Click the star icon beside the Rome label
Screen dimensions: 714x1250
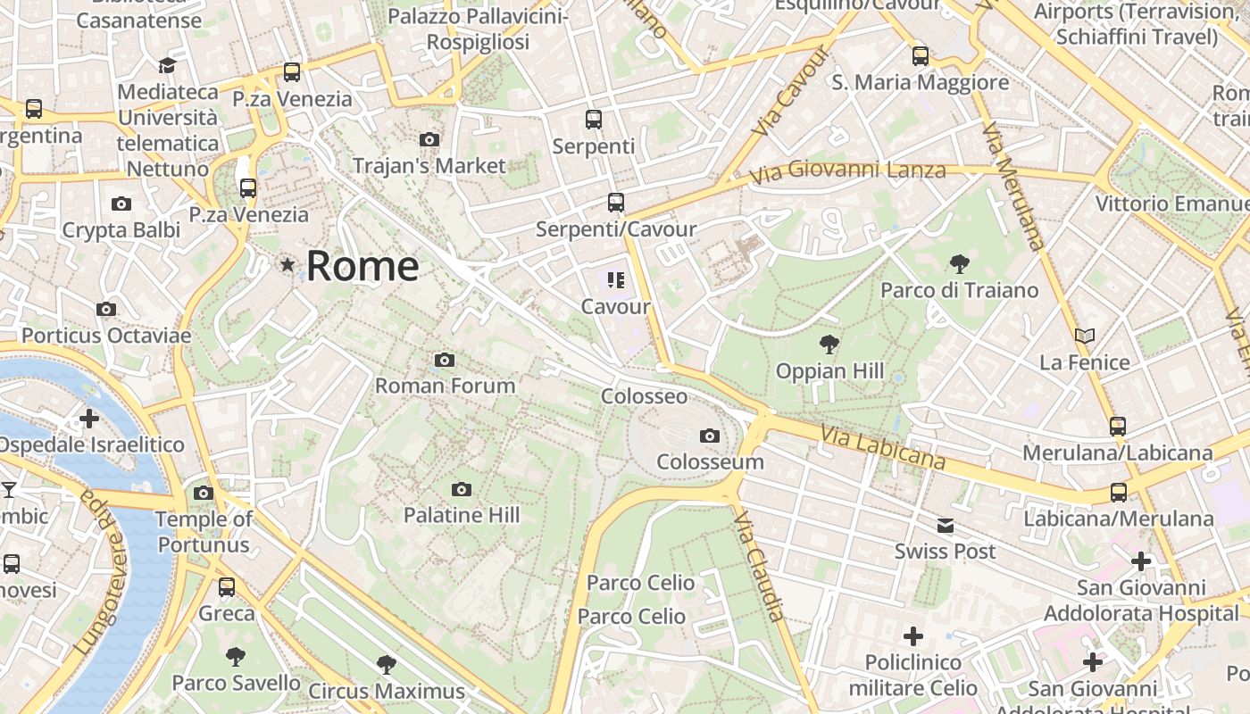point(287,265)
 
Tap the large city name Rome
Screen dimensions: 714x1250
point(362,266)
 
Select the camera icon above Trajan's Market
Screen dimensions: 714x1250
point(429,139)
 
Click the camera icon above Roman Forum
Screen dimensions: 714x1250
point(445,361)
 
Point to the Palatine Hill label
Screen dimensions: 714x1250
point(462,515)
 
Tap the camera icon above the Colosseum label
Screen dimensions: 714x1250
point(710,436)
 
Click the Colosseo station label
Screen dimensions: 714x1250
point(645,396)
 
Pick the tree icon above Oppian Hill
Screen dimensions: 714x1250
point(829,345)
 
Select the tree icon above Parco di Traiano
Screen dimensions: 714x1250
point(960,263)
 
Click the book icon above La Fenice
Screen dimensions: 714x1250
point(1085,336)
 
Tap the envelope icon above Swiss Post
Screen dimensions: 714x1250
point(946,526)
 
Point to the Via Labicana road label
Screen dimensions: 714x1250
point(883,448)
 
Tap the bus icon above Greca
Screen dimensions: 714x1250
point(227,586)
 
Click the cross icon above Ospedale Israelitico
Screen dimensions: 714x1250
point(89,418)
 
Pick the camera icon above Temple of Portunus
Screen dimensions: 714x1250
point(204,493)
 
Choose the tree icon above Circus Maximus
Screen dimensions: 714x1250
point(387,664)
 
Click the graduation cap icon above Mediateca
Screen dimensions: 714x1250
point(167,65)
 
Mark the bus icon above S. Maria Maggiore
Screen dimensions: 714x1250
point(921,56)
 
